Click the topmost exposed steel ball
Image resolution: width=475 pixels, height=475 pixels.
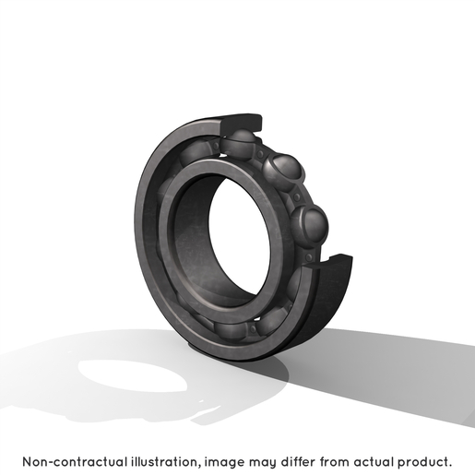[239, 143]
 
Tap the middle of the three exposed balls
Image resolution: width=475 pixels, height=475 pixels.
[283, 172]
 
